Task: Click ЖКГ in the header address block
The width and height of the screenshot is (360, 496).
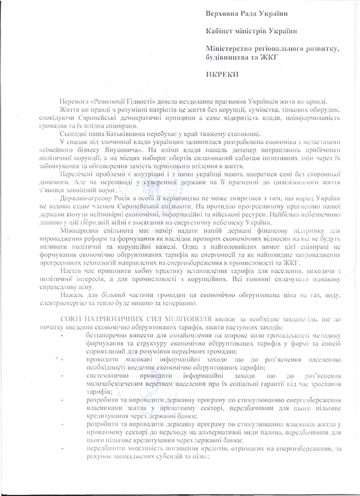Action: point(266,56)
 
